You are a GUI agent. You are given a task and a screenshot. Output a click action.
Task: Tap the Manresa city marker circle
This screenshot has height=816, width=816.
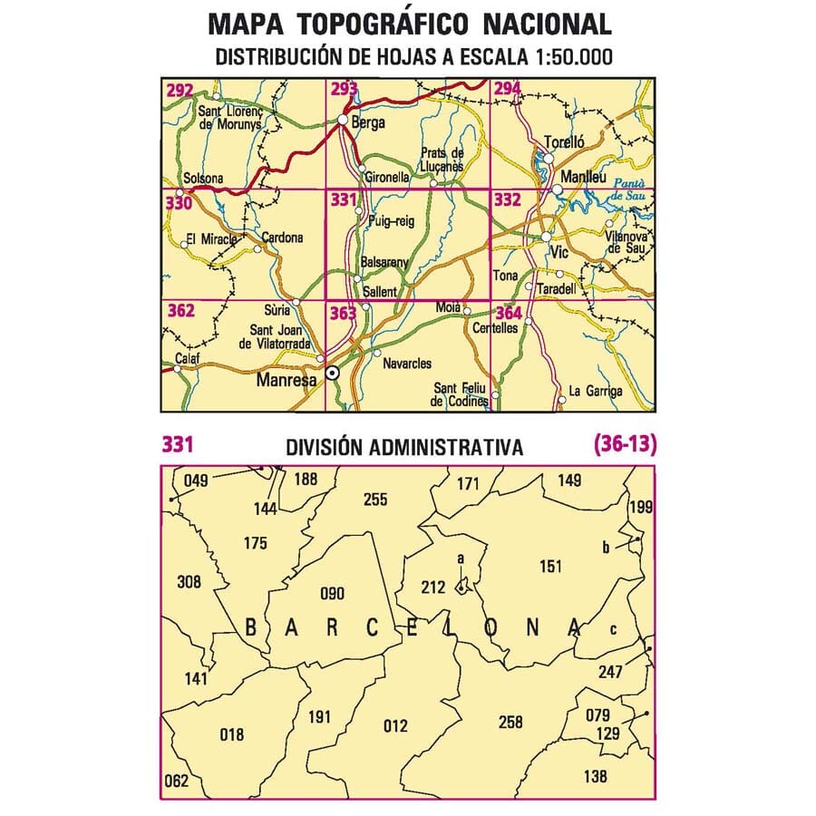[x=333, y=372]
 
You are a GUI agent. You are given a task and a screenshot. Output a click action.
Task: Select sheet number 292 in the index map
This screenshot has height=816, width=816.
[x=180, y=90]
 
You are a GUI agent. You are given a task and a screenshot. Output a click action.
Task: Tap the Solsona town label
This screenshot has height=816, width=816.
[x=202, y=179]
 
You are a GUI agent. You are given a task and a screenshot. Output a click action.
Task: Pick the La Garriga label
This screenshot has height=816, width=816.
[x=596, y=392]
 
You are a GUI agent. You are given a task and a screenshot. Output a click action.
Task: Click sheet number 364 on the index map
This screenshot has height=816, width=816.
[x=509, y=315]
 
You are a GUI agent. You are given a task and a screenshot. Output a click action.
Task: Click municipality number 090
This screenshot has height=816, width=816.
[x=333, y=594]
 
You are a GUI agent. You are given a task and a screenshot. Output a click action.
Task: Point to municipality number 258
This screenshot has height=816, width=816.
[x=510, y=722]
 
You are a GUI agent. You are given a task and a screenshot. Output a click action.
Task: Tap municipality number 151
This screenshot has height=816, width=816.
[x=549, y=568]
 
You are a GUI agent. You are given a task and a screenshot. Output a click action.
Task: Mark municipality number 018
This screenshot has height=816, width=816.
[x=232, y=734]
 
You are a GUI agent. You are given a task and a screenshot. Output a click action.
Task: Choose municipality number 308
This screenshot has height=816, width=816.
[x=189, y=582]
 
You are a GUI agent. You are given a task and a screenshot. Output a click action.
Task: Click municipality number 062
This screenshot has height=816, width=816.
[x=178, y=780]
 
